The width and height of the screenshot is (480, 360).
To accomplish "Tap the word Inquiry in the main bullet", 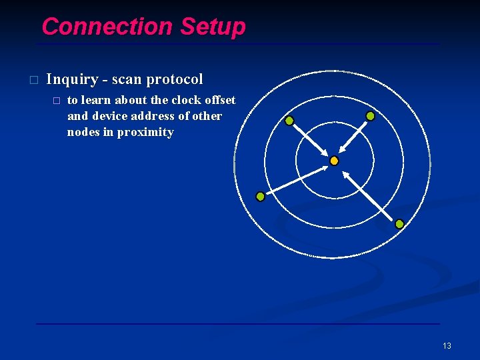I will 71,79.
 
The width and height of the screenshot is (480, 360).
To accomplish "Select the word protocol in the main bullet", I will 175,79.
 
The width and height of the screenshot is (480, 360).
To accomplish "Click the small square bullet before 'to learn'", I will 56,101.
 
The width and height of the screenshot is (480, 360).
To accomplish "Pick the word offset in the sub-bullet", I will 221,100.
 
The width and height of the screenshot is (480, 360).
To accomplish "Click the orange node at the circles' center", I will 334,161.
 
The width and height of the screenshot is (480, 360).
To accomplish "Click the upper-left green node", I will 289,121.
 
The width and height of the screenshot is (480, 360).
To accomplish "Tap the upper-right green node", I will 370,116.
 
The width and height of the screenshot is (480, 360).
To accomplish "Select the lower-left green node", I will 260,197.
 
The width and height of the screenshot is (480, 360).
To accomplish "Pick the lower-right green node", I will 399,224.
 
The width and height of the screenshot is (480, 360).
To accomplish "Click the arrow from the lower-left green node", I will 297,180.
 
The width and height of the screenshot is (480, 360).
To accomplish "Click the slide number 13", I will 447,345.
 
